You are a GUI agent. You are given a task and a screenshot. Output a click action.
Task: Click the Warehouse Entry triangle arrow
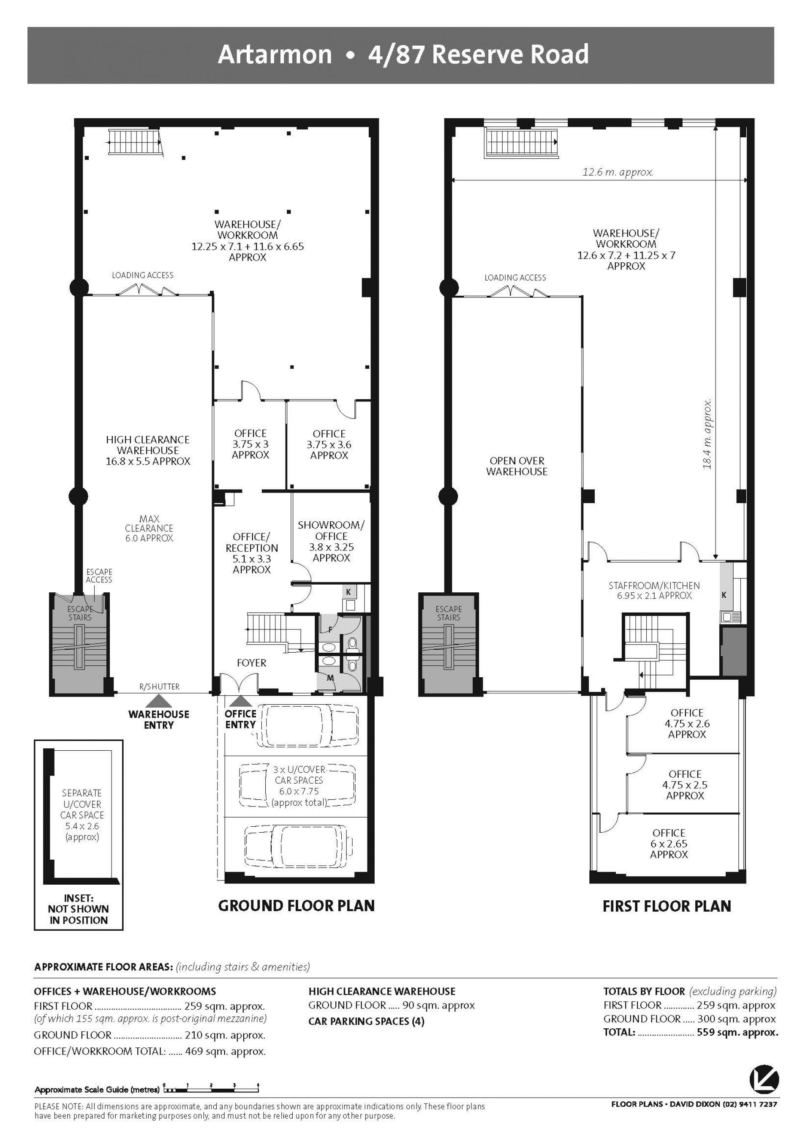158,700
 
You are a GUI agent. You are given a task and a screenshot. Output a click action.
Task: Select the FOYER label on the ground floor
251,663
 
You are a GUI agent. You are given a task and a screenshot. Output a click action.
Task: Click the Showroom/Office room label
331,542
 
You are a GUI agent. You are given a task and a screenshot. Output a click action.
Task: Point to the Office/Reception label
252,553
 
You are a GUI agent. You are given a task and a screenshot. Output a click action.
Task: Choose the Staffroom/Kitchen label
654,591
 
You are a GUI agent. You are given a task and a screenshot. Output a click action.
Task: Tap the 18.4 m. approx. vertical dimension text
707,433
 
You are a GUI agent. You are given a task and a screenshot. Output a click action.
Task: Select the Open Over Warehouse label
517,466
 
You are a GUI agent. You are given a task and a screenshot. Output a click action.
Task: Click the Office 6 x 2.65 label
669,844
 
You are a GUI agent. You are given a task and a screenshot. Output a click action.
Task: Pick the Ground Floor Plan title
296,906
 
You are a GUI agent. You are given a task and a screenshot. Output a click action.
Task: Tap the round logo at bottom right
764,1081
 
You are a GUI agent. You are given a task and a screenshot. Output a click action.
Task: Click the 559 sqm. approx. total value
737,1033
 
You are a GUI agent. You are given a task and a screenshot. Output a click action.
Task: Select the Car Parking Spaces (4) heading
366,1021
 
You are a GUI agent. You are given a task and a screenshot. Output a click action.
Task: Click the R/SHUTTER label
159,687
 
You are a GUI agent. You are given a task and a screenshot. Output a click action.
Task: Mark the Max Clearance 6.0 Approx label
149,529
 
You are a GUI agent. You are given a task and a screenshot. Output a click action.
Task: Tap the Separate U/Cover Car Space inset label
82,815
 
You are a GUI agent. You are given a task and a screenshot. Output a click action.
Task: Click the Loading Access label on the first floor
515,278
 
